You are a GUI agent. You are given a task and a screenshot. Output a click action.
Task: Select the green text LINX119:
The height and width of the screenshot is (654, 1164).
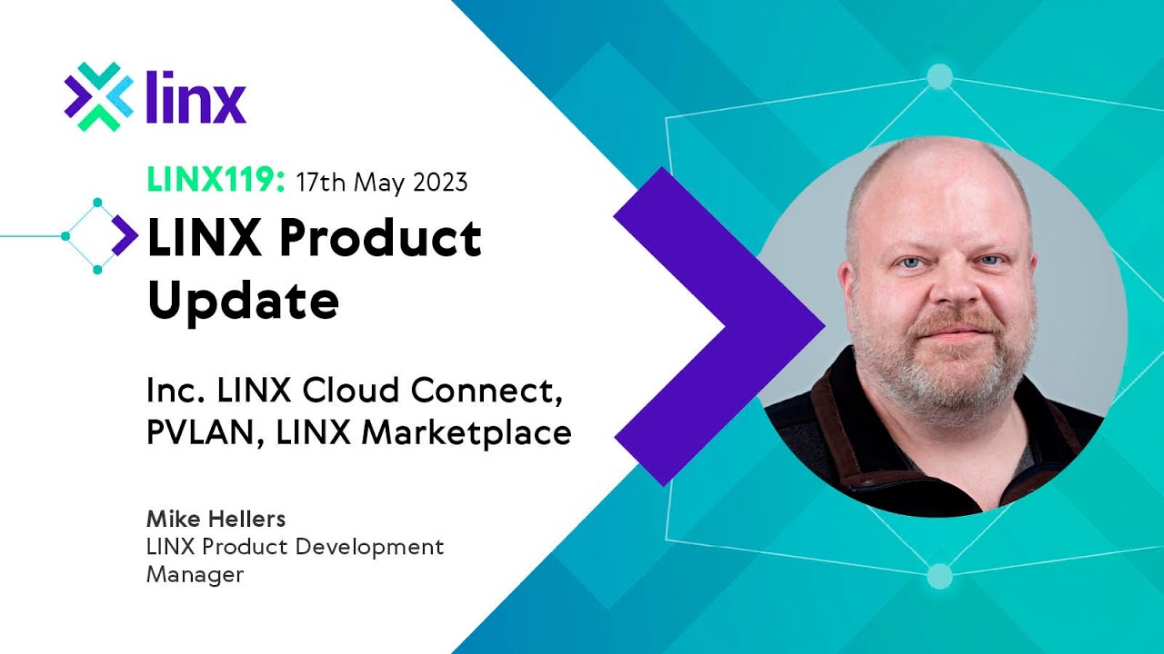click(x=216, y=182)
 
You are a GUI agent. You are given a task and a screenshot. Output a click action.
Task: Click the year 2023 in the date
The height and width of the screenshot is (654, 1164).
click(x=440, y=182)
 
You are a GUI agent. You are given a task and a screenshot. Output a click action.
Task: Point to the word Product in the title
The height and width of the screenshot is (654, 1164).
click(x=379, y=238)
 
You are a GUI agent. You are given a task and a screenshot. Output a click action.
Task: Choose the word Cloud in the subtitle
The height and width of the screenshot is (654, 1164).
click(x=352, y=391)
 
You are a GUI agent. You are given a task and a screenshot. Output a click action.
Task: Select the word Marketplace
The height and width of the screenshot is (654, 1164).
click(x=467, y=433)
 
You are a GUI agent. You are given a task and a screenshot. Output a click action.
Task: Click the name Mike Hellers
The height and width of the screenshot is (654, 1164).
click(x=216, y=519)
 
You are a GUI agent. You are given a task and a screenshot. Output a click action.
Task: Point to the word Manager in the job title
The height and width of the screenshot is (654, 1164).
click(x=195, y=575)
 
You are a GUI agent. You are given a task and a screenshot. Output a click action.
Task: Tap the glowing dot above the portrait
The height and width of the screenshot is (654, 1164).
click(x=939, y=76)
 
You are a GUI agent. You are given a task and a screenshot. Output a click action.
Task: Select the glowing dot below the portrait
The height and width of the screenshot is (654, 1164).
click(x=939, y=576)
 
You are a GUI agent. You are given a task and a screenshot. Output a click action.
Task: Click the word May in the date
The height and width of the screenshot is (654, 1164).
click(x=379, y=183)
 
